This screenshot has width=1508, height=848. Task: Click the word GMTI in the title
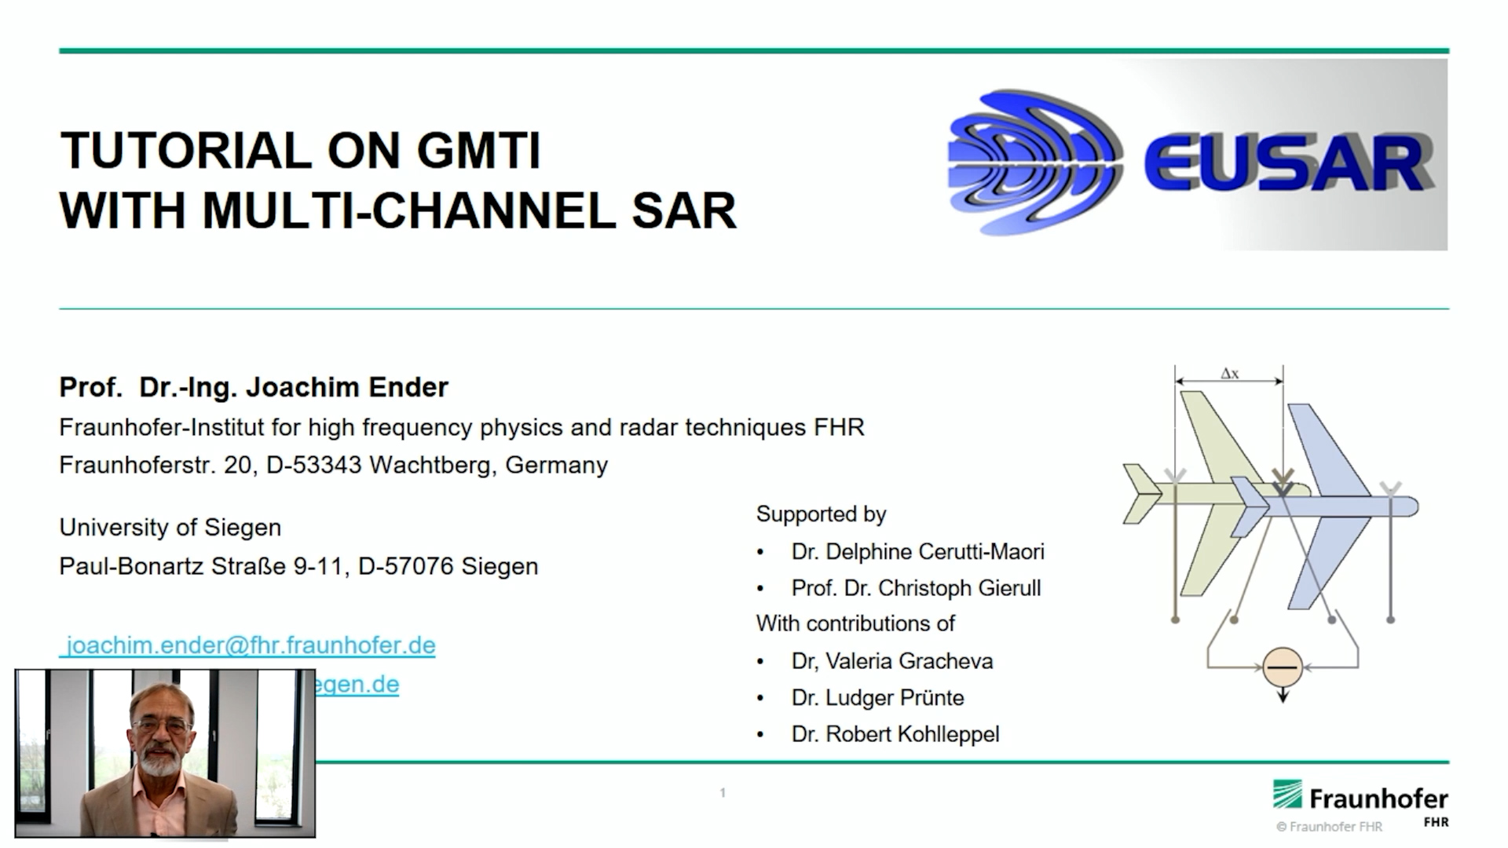[x=478, y=151]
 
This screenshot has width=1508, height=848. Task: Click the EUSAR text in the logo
[x=1285, y=163]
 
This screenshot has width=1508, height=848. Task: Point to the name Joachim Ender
[x=346, y=387]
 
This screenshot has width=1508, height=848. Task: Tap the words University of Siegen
[x=170, y=528]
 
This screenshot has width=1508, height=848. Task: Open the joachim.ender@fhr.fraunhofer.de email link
[x=250, y=645]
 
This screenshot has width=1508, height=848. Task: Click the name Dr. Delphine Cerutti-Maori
[x=917, y=552]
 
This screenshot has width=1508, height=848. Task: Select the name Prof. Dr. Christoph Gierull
[x=916, y=588]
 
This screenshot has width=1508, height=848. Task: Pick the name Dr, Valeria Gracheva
[x=891, y=661]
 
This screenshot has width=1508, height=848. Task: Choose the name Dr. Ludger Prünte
[x=877, y=697]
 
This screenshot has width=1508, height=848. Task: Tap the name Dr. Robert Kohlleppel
[x=895, y=734]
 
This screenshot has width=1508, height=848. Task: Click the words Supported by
[x=821, y=514]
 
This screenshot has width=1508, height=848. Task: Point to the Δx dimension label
[x=1229, y=374]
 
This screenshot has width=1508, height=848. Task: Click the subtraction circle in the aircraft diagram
[x=1283, y=667]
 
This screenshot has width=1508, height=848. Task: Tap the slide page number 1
[x=723, y=793]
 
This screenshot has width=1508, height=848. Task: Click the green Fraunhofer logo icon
[x=1287, y=795]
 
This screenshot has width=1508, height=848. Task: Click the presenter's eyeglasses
[x=161, y=726]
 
